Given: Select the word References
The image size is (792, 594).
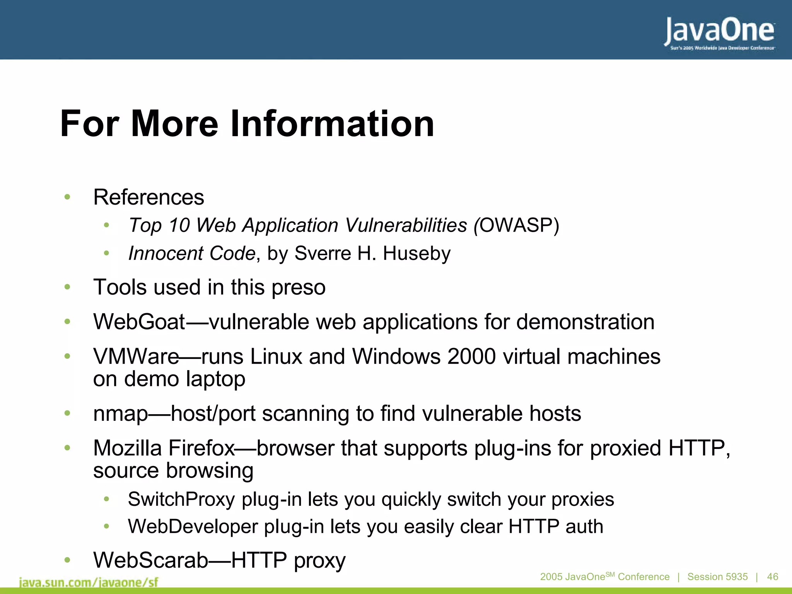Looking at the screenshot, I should click(x=148, y=197).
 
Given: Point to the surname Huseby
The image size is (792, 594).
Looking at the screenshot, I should click(x=416, y=254).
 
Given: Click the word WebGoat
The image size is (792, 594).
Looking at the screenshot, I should click(x=139, y=322).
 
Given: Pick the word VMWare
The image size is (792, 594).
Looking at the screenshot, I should click(x=136, y=356).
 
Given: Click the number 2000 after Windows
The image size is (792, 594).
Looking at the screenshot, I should click(x=471, y=356).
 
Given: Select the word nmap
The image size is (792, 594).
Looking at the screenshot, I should click(x=121, y=414).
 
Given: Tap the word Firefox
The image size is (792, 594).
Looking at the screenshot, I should click(x=201, y=448).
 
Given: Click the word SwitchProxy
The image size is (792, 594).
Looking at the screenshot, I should click(x=181, y=499).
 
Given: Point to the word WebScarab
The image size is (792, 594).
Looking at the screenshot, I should click(x=151, y=560).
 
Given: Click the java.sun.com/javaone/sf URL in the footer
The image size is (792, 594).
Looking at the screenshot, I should click(x=89, y=582).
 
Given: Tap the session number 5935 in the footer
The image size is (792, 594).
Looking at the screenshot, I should click(x=736, y=577).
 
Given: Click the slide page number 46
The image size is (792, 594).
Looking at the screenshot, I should click(x=772, y=577).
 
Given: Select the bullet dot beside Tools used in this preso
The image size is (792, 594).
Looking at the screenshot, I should click(x=67, y=287).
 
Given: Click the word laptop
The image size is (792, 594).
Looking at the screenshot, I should click(x=215, y=379).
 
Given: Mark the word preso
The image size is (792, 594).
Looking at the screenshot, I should click(x=298, y=287).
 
